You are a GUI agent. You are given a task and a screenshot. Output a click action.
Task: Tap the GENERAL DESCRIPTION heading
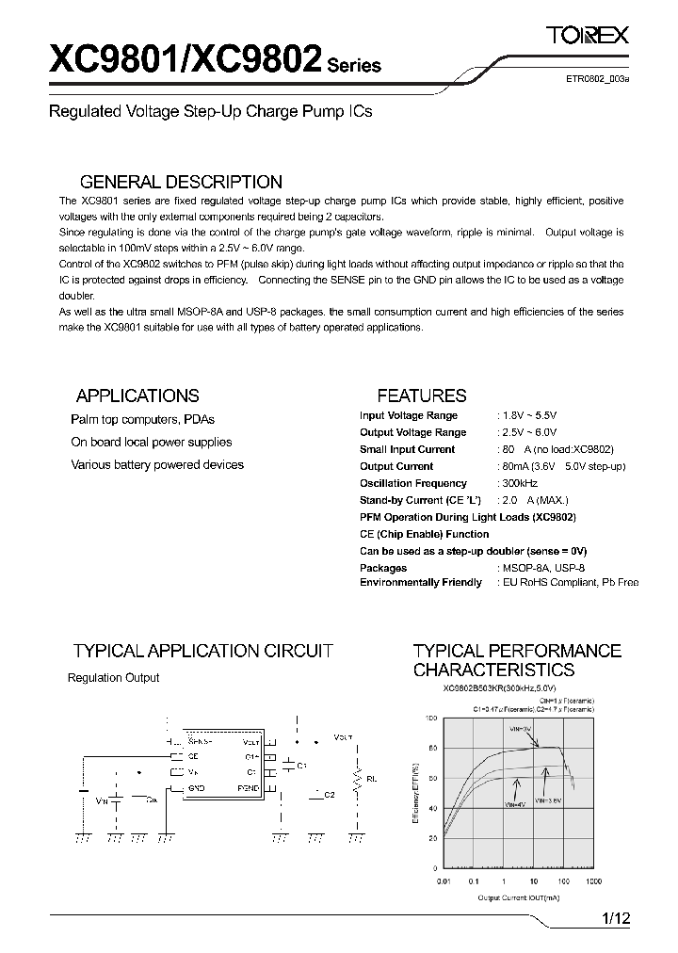pyautogui.click(x=181, y=182)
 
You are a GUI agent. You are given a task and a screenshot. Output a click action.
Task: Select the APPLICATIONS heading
pyautogui.click(x=137, y=396)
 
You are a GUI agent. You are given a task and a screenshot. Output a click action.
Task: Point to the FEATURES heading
pyautogui.click(x=422, y=396)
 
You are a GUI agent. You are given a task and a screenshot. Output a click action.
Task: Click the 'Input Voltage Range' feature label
pyautogui.click(x=409, y=415)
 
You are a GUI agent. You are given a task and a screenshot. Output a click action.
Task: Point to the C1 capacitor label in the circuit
pyautogui.click(x=301, y=767)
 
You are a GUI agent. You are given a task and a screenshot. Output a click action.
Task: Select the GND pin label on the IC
pyautogui.click(x=196, y=786)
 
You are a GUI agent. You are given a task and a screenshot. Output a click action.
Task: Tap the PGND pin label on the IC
pyautogui.click(x=249, y=786)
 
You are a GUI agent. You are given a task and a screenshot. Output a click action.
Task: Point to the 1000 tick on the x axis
pyautogui.click(x=593, y=881)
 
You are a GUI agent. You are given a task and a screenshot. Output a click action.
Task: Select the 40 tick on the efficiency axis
pyautogui.click(x=432, y=808)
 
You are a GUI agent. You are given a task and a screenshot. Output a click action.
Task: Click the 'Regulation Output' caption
pyautogui.click(x=114, y=677)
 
